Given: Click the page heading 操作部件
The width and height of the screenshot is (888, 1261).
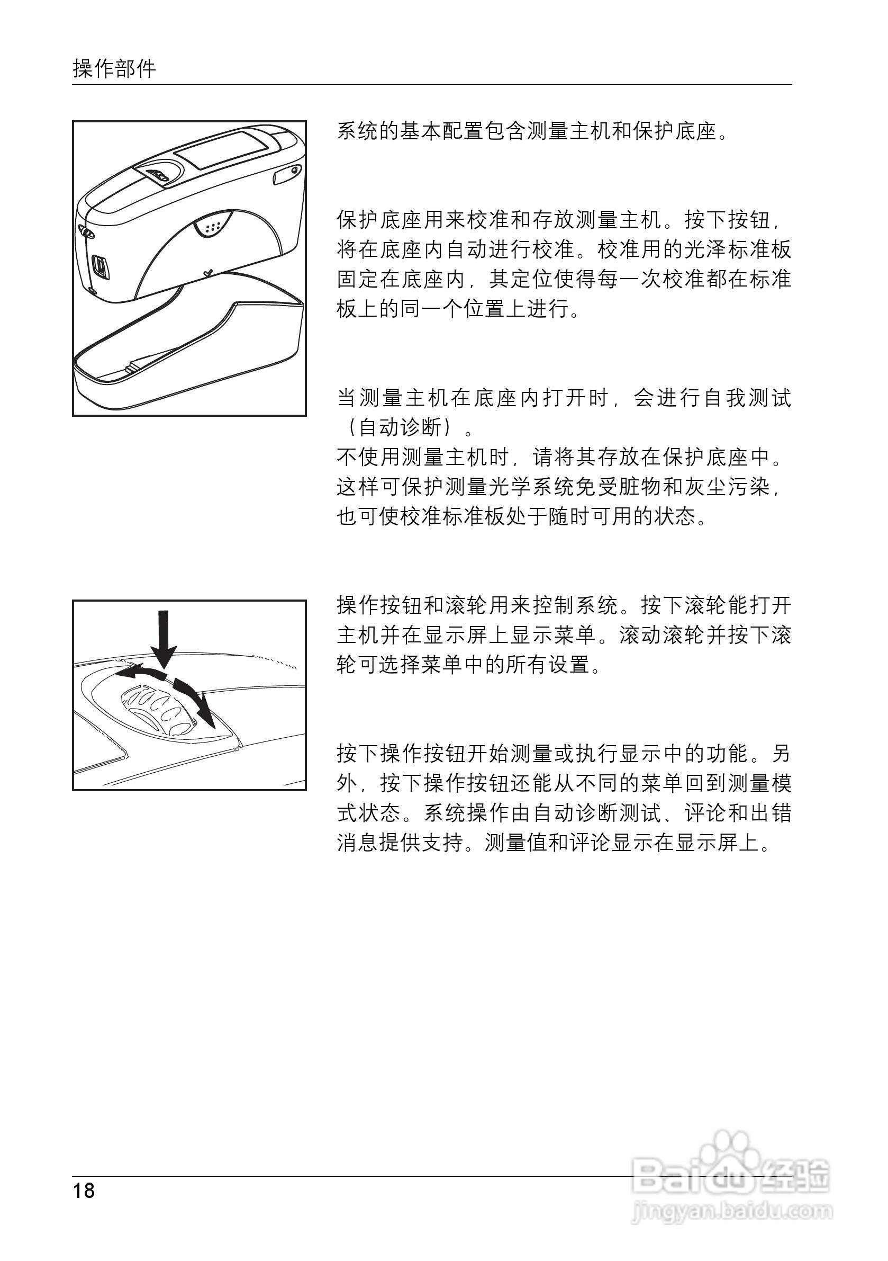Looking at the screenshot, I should (x=114, y=69).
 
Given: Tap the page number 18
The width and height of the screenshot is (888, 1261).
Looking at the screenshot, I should (x=84, y=1191).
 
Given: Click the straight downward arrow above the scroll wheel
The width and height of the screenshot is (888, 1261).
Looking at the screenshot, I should (x=164, y=637).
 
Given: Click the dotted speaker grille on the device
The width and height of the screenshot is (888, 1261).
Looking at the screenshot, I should (x=213, y=226).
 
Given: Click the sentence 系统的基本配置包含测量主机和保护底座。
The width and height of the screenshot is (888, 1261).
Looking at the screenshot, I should (x=532, y=132).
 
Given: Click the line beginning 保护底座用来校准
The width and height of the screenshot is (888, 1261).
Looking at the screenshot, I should (x=563, y=221).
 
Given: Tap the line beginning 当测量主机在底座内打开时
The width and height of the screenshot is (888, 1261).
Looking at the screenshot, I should (x=563, y=398).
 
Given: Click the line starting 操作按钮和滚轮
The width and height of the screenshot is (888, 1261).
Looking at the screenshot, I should (x=563, y=606).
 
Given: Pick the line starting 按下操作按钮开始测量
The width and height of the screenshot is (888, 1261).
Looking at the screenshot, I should (x=563, y=754).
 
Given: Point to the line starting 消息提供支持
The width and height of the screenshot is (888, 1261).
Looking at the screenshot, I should (x=554, y=843).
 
